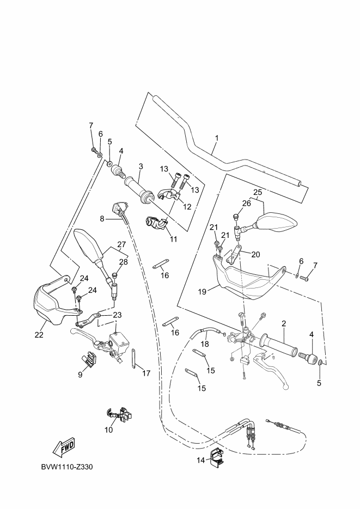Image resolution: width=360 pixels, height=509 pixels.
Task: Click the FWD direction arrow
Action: [64, 447]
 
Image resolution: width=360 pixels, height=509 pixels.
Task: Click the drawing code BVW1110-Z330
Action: [70, 467]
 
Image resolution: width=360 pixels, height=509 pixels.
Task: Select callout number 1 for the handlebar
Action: [216, 138]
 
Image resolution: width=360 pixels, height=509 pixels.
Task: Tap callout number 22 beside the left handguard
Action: [39, 335]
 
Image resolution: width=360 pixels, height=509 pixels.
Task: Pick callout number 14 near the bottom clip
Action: [200, 460]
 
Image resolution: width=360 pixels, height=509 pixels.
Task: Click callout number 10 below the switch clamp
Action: [108, 430]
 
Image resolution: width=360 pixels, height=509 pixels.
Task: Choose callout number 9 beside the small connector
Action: [80, 374]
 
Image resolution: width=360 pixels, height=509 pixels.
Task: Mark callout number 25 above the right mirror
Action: [257, 192]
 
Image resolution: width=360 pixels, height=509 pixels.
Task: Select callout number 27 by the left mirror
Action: [121, 245]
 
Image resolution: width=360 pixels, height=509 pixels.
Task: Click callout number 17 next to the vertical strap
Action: [145, 373]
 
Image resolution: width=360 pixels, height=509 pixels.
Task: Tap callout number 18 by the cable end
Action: [204, 344]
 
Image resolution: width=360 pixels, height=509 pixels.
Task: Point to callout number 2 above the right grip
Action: [284, 324]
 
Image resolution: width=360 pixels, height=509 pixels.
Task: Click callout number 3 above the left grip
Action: [141, 165]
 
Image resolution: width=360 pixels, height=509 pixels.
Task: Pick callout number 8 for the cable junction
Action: [102, 219]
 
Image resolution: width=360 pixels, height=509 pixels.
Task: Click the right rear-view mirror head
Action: [278, 222]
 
